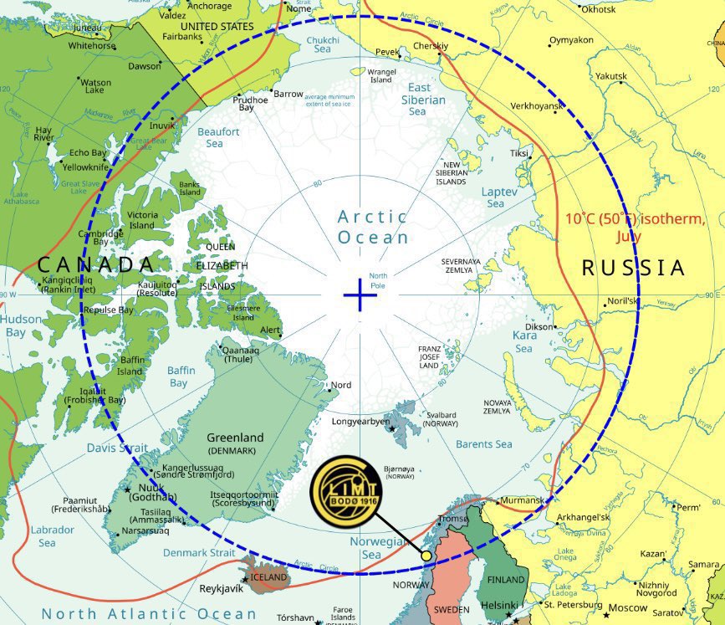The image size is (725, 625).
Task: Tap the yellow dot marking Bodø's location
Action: [426, 556]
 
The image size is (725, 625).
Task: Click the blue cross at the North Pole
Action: [360, 295]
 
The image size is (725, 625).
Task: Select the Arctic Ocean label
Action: [373, 227]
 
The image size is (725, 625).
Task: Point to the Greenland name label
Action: [235, 438]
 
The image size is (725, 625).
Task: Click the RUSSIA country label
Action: [633, 268]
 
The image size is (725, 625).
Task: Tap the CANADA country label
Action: [96, 265]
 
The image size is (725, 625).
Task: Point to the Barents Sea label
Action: [484, 444]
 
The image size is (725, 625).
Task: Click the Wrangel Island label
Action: [381, 76]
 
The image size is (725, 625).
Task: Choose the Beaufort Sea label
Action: [218, 137]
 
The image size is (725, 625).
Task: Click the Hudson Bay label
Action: [18, 325]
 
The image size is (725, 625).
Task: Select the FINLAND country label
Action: [507, 579]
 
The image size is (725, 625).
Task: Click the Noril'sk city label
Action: [622, 300]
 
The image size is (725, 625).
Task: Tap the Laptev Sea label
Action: [494, 197]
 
